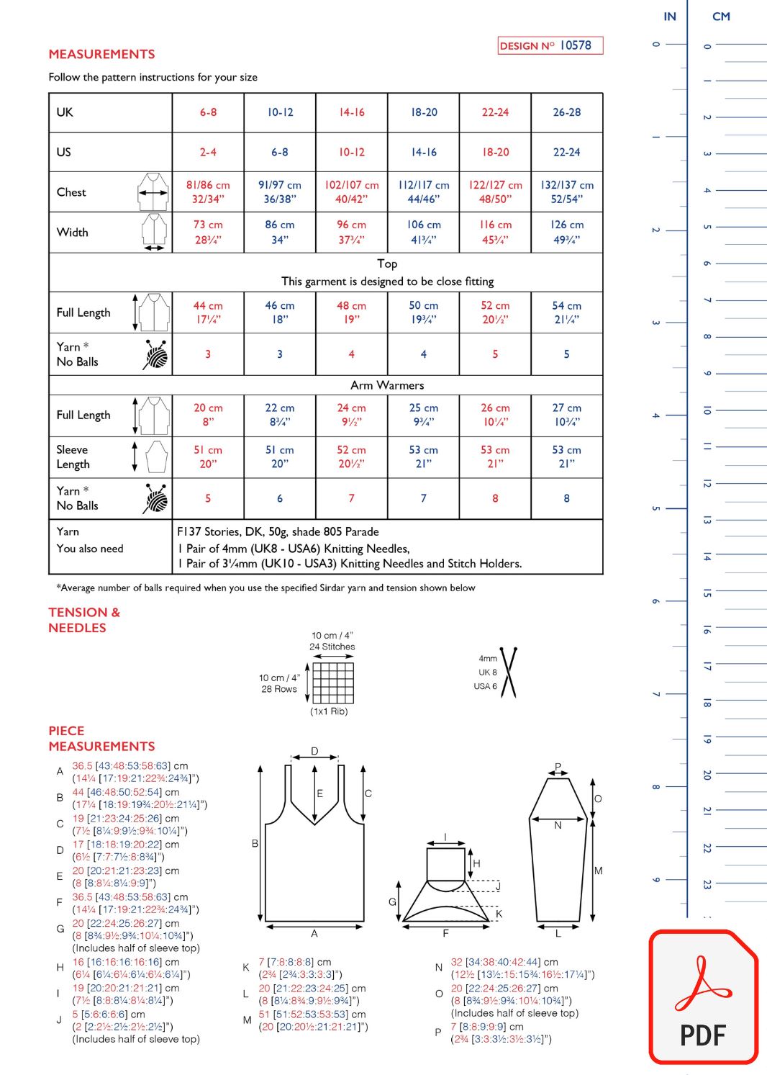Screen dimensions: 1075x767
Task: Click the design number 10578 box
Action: pos(550,45)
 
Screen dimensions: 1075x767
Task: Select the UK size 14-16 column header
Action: pos(352,112)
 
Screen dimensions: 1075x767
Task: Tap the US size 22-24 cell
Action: pos(566,152)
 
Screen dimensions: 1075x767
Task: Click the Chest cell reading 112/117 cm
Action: pos(423,192)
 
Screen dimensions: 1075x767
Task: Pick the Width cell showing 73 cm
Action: pos(208,232)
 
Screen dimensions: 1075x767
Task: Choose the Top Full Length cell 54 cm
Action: pos(566,312)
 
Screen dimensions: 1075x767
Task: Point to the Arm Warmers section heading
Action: pos(387,385)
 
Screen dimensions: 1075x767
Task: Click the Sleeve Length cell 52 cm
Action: pos(351,456)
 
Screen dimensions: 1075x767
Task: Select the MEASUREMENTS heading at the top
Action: pos(101,54)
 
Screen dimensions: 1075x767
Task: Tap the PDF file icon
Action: pos(703,997)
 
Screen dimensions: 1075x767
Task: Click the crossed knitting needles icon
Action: pos(509,673)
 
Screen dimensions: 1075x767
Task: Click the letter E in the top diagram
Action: pos(320,793)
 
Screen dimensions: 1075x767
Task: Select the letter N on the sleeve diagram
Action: pos(558,825)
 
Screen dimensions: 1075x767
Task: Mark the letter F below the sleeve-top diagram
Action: pos(445,933)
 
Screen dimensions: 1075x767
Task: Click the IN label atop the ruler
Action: pos(670,17)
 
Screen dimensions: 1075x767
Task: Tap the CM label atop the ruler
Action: pos(721,17)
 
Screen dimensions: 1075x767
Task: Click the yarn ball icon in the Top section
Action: pos(155,354)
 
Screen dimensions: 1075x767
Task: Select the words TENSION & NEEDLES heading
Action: pos(84,620)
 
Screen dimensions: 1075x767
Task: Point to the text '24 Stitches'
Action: pos(332,647)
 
